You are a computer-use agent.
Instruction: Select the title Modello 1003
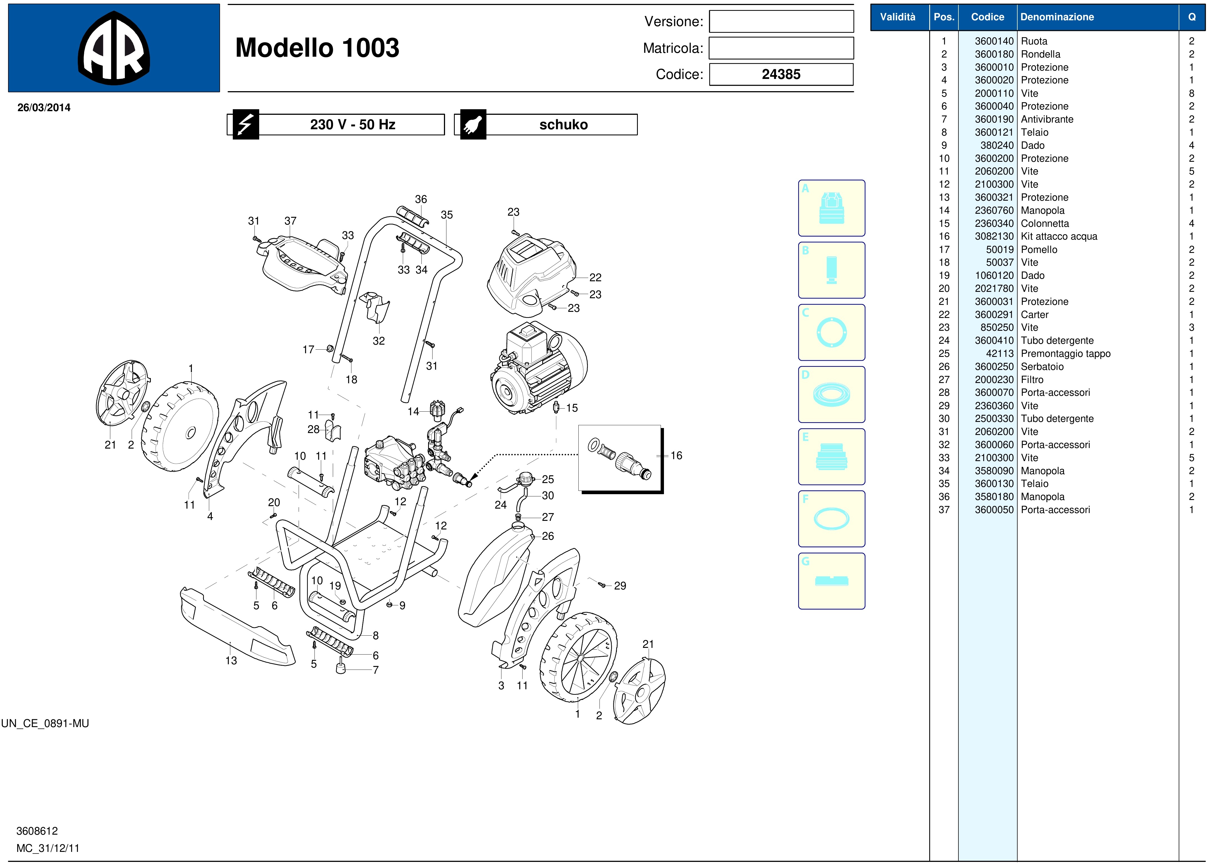(317, 48)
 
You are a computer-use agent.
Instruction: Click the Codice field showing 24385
(781, 74)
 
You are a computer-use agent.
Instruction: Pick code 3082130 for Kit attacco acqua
(994, 237)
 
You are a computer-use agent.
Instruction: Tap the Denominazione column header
(1057, 17)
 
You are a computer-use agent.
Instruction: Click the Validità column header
(897, 17)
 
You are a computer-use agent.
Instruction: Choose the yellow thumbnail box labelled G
(831, 581)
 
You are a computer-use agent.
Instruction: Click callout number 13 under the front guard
(231, 661)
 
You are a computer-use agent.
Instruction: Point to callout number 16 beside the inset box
(676, 456)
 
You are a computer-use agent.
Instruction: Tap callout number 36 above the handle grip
(421, 199)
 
